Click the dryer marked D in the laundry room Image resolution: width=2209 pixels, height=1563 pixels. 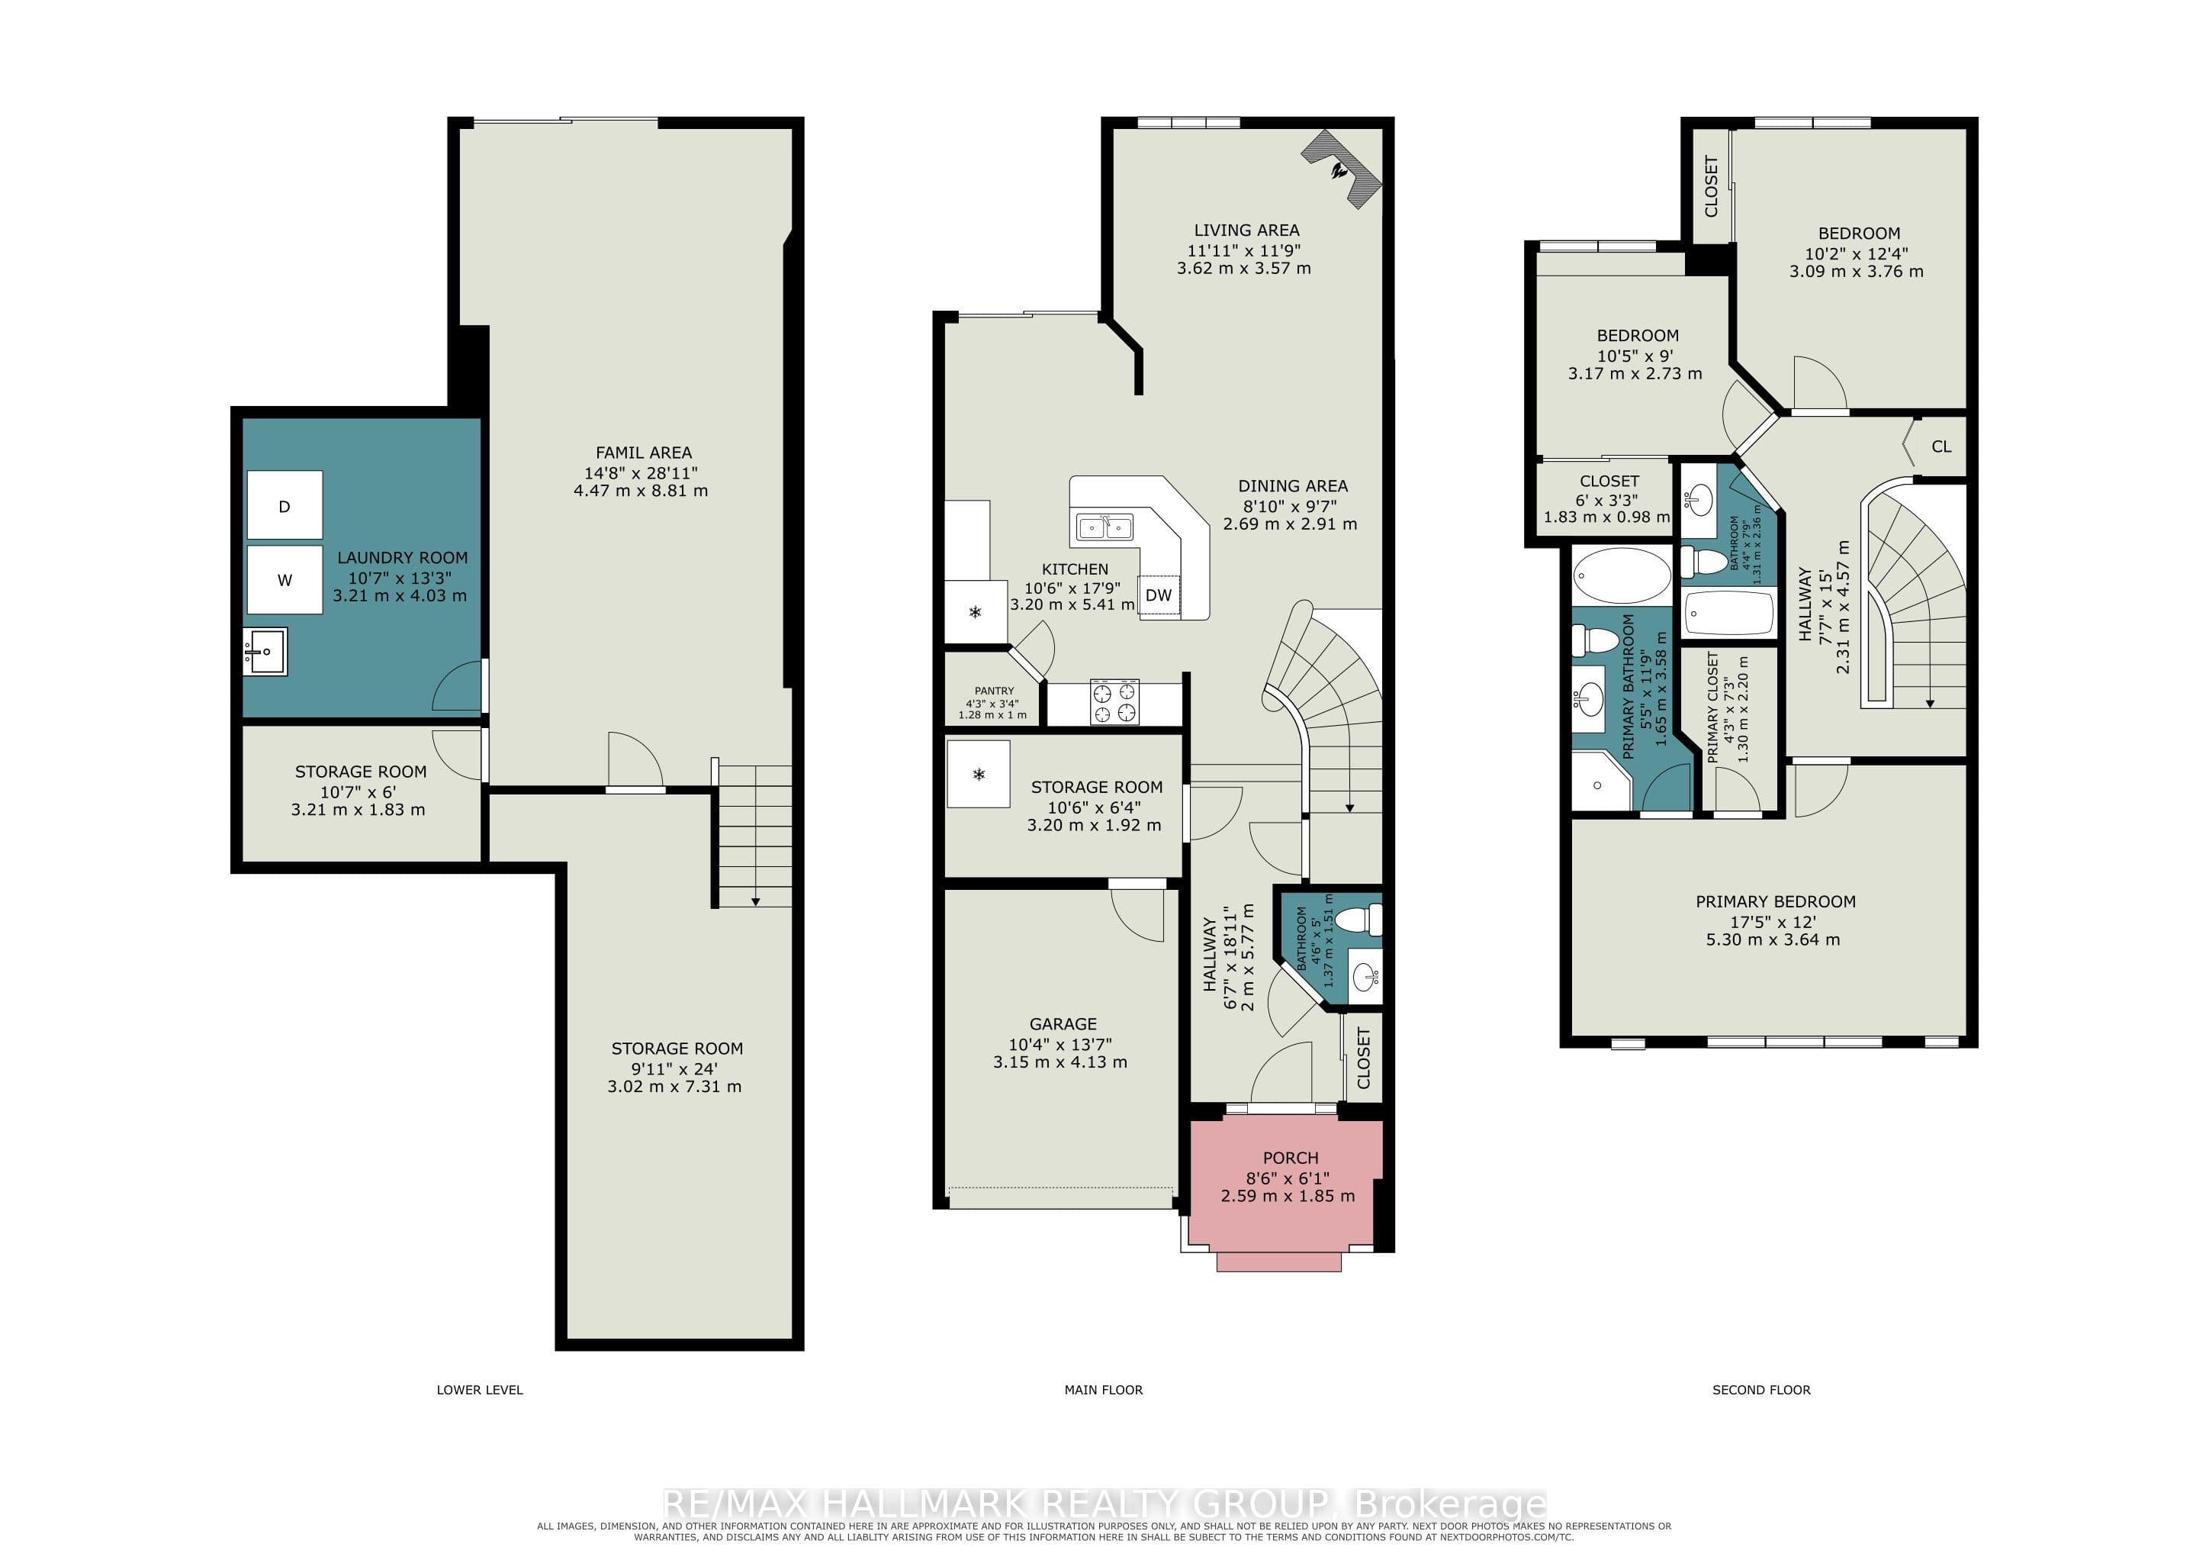[284, 505]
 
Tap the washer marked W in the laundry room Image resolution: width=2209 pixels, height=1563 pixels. [284, 579]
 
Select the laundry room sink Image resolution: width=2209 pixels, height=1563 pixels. [265, 652]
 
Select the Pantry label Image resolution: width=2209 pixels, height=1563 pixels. [993, 691]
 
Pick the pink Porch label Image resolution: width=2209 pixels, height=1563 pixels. [1290, 1158]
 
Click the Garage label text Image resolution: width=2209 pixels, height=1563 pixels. [1063, 1024]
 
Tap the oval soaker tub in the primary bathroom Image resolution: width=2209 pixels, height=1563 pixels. [1622, 575]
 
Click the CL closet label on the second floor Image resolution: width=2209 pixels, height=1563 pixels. [1941, 446]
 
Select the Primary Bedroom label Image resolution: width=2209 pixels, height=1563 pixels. [1775, 902]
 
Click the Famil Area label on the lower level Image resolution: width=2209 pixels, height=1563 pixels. [643, 453]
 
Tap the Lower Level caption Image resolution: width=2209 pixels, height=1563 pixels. [479, 1390]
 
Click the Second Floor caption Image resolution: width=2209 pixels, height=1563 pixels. [1760, 1390]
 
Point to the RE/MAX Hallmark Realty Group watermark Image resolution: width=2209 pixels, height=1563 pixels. [1104, 1503]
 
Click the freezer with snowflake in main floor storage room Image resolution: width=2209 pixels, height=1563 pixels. [979, 774]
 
